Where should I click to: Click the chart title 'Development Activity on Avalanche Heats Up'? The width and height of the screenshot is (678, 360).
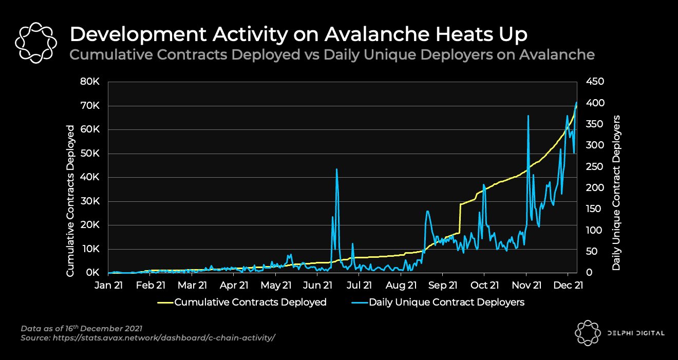(298, 34)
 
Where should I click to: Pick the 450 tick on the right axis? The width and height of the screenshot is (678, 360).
(595, 82)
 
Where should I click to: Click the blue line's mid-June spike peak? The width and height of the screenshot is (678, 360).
(336, 169)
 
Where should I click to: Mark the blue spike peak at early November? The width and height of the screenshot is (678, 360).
(528, 116)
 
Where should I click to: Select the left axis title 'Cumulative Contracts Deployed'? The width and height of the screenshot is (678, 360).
(70, 201)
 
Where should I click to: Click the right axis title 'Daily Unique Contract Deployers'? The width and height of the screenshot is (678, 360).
(616, 193)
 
